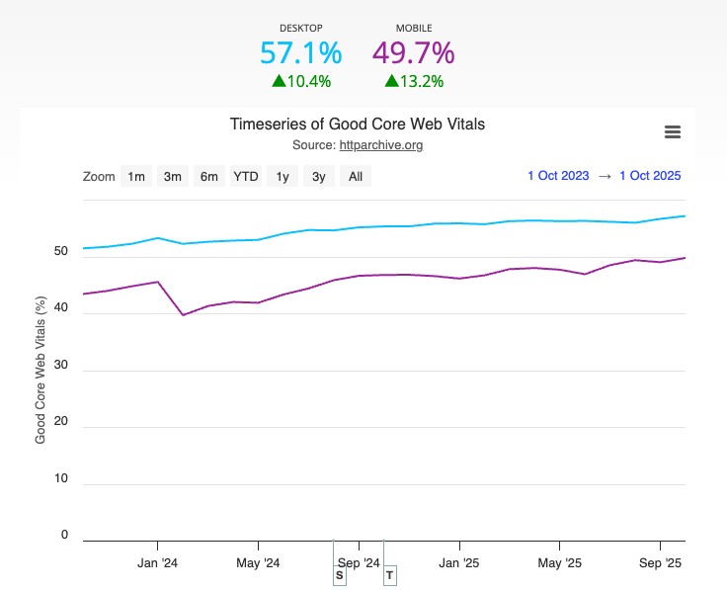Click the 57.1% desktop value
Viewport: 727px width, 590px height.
coord(300,53)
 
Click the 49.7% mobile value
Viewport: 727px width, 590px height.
coord(413,53)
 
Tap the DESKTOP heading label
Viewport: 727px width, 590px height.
coord(300,29)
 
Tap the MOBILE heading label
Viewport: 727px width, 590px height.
coord(413,29)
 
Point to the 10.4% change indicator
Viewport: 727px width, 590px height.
coord(301,81)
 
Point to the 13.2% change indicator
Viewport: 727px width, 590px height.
coord(414,81)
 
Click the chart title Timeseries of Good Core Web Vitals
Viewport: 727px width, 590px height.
coord(358,125)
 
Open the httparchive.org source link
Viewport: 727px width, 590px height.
coord(381,145)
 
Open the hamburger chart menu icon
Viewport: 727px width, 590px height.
coord(673,132)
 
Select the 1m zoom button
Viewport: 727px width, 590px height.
coord(135,177)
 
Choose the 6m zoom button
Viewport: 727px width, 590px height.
coord(209,177)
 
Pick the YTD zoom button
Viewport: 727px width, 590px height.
coord(246,177)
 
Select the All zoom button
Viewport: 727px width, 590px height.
coord(356,177)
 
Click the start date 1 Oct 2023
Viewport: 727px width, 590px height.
coord(558,176)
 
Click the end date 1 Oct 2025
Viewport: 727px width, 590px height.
coord(650,176)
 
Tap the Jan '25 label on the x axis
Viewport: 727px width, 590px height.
coord(459,563)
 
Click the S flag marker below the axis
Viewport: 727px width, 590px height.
coord(340,575)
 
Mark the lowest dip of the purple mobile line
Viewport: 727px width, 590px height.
coord(183,315)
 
